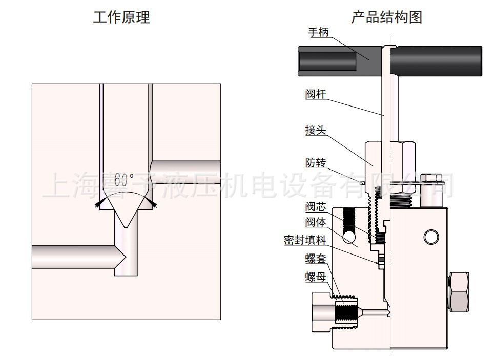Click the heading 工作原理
point(121,18)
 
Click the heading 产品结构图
point(387,17)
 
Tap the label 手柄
point(318,32)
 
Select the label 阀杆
point(316,94)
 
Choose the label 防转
point(316,163)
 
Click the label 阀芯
point(316,207)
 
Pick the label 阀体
point(316,223)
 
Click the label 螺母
point(316,277)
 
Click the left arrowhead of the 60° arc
point(98,204)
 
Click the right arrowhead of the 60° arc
point(153,204)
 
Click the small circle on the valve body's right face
point(431,236)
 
